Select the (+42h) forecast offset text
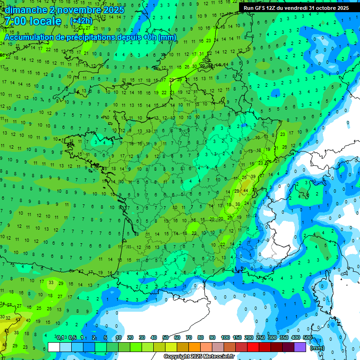click(81, 21)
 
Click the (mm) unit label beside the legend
click(317, 348)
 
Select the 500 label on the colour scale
click(307, 337)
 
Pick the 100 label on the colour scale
click(225, 337)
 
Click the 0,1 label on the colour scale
click(60, 337)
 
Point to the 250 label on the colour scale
click(261, 337)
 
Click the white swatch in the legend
click(54, 347)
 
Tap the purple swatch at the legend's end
click(300, 347)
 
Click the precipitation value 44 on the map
click(246, 191)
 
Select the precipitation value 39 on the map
click(253, 177)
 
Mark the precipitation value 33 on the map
click(51, 283)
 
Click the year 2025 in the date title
click(113, 10)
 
